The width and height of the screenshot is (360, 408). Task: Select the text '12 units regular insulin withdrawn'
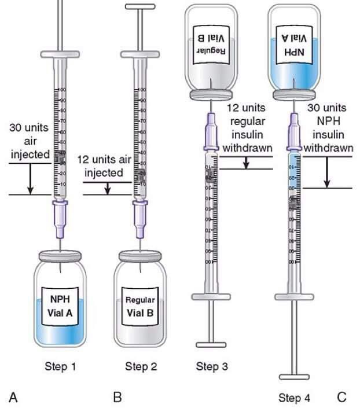248,128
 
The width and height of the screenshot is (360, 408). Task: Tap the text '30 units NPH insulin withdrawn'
328,128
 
